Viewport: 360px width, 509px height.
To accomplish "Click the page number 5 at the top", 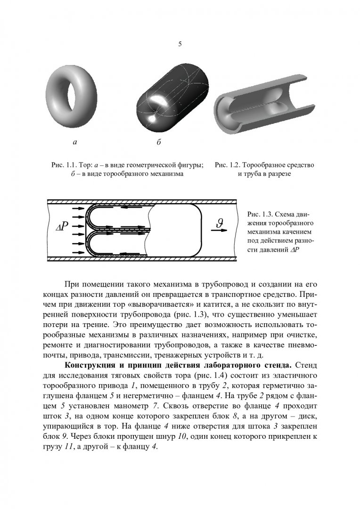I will [180, 44].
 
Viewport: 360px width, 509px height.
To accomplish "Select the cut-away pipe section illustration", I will [264, 108].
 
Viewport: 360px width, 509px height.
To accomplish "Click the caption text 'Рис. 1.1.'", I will [64, 165].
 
